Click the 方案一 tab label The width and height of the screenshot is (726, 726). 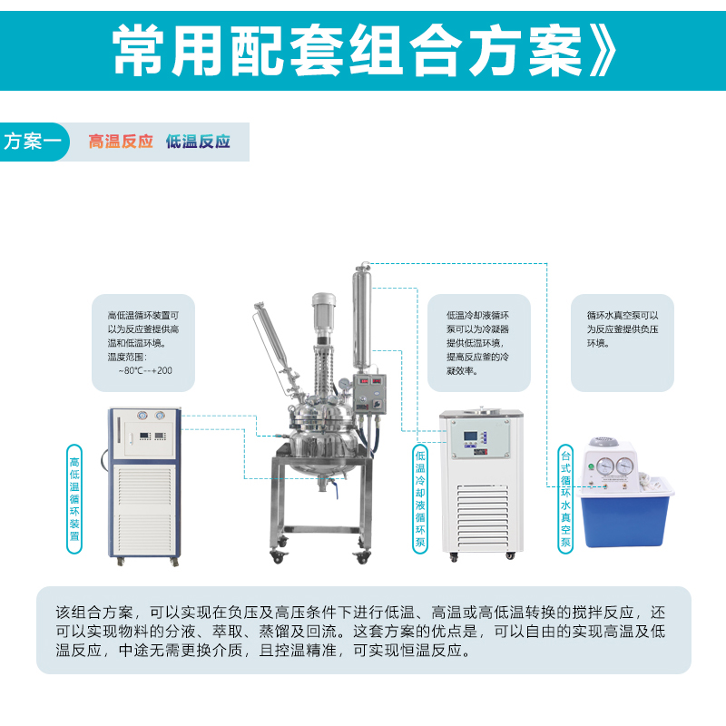pos(32,142)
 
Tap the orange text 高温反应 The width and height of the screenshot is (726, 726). pos(121,142)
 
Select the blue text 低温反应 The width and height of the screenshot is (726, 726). pos(198,142)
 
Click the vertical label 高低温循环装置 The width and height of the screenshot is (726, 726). pos(74,499)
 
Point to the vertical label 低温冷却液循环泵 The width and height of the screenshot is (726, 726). pos(420,498)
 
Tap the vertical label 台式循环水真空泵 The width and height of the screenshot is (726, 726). pos(565,498)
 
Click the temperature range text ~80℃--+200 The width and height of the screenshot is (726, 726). pos(145,371)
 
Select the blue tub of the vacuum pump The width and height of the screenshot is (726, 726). pos(625,514)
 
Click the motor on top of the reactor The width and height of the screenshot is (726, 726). pos(323,314)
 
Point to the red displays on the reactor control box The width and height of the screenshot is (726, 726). pos(370,381)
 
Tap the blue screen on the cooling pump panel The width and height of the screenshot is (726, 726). pos(470,437)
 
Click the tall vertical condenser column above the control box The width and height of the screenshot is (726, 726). pos(361,319)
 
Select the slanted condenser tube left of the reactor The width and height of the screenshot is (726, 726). pos(275,345)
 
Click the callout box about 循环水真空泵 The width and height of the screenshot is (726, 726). pos(623,343)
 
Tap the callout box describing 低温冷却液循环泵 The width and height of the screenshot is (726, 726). pos(479,343)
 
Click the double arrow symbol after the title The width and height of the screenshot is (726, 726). pos(603,51)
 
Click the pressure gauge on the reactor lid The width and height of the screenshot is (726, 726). pos(344,384)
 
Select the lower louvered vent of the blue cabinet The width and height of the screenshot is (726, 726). pos(144,534)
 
